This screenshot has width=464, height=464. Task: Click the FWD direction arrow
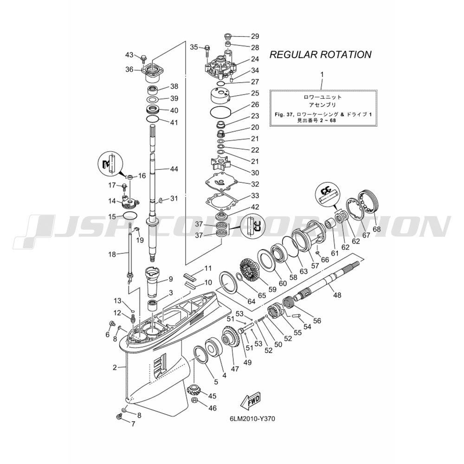point(251,401)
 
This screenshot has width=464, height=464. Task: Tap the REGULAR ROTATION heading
point(321,54)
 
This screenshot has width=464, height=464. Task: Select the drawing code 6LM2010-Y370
point(252,419)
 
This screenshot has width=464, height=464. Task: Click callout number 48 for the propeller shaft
point(337,295)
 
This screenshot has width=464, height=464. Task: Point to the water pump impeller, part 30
point(221,164)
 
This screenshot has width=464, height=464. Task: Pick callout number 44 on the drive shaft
point(174,169)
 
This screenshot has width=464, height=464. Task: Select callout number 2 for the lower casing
point(115,367)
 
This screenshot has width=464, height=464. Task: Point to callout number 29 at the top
point(255,36)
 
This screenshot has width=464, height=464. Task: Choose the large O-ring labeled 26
point(220,113)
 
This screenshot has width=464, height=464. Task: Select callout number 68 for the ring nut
point(377,229)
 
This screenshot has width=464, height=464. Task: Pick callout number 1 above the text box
point(322,75)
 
